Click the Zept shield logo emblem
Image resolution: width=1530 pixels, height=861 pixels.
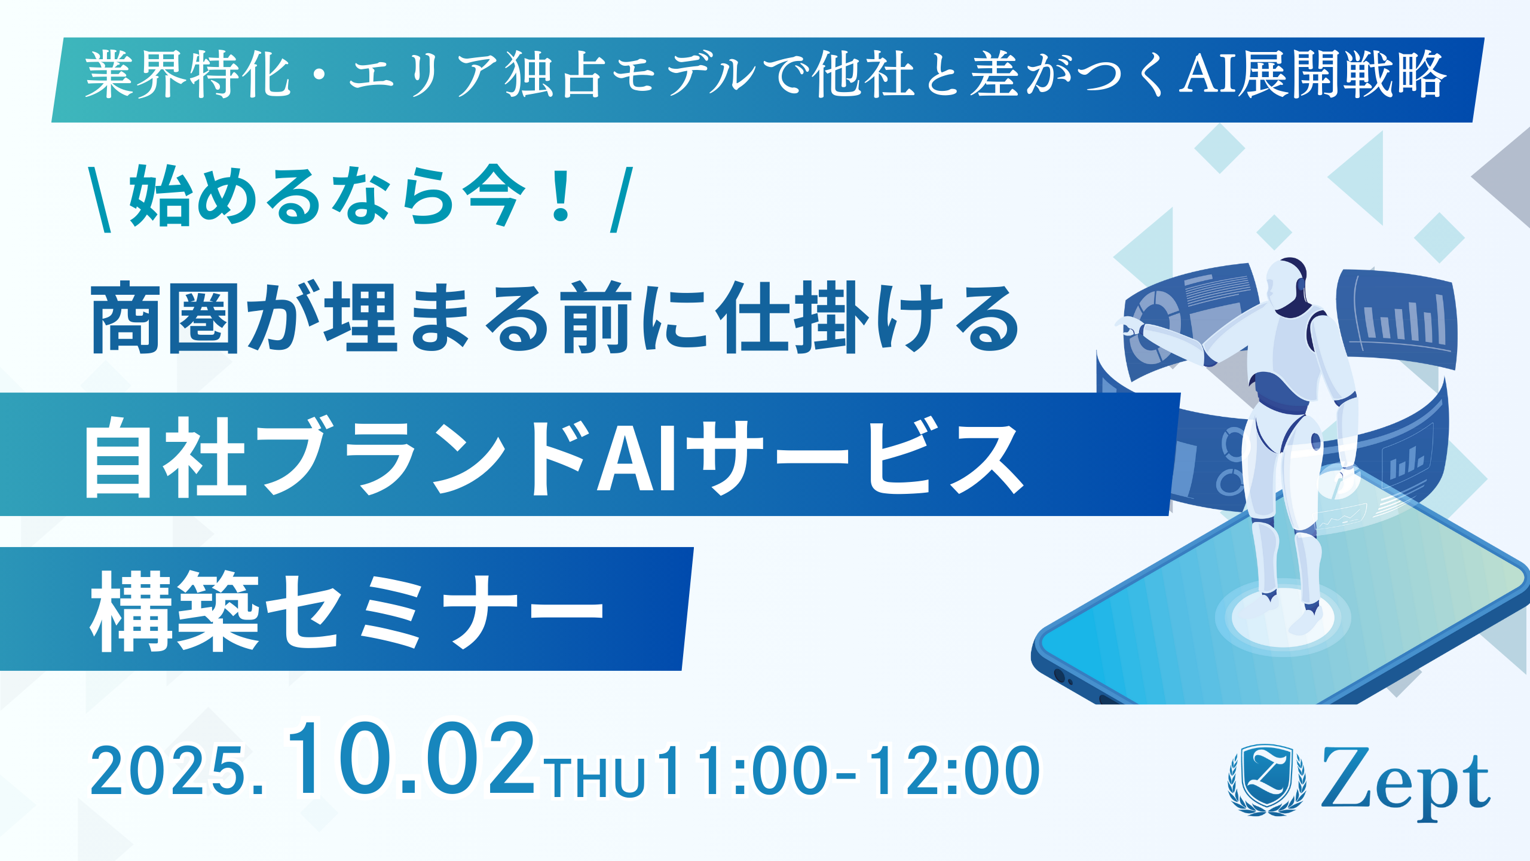(x=1266, y=780)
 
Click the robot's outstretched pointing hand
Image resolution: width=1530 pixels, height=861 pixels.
(x=1130, y=325)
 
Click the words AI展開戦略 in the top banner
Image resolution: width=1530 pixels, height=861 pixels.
(x=1312, y=75)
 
